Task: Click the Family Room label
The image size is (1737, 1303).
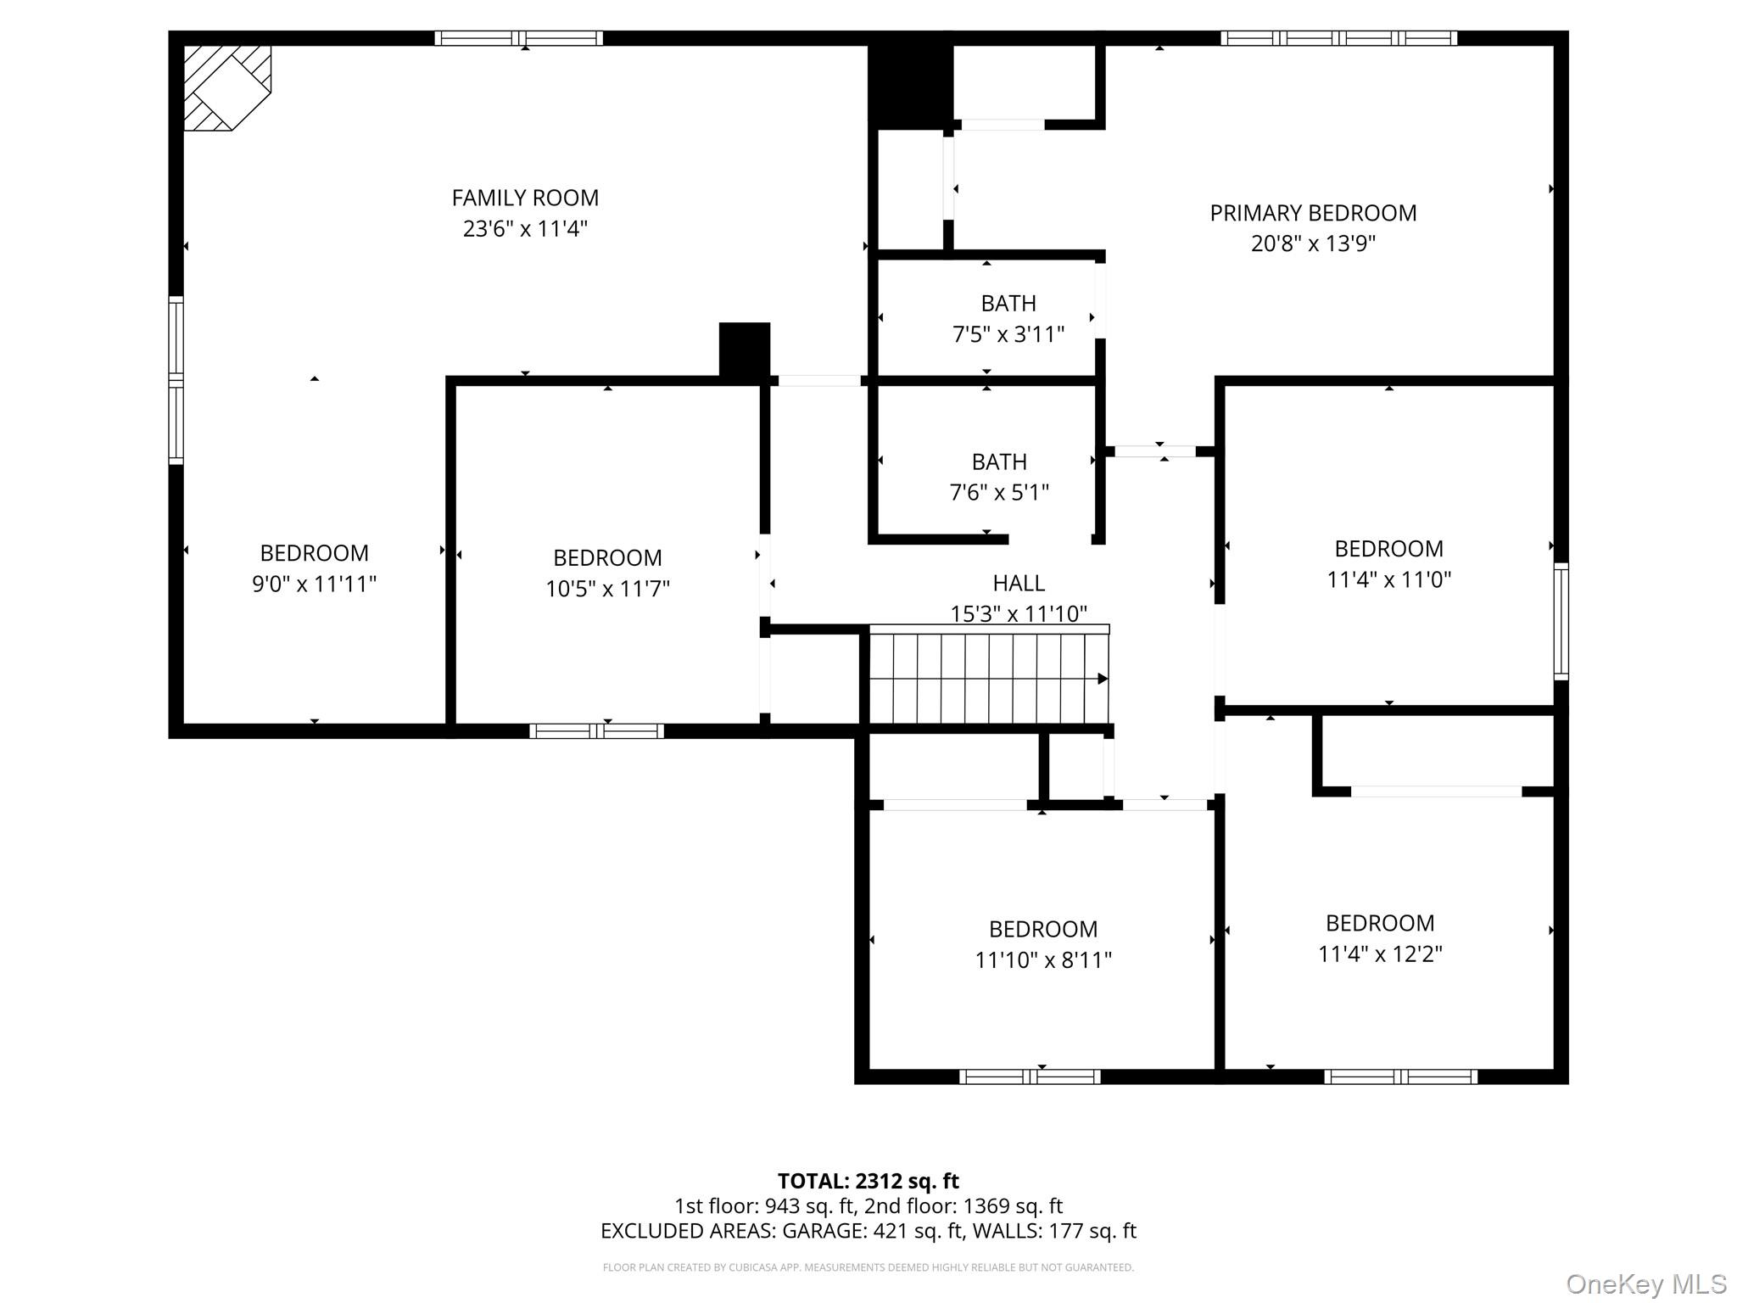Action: point(525,198)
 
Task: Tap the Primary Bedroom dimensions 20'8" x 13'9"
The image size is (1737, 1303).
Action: point(1312,243)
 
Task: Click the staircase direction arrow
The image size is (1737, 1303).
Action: point(1103,679)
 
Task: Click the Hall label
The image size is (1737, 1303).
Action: point(1019,583)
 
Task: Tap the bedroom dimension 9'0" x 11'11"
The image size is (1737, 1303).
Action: point(314,584)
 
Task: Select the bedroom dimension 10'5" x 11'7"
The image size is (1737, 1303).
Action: point(607,589)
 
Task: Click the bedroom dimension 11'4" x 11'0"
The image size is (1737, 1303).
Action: point(1388,579)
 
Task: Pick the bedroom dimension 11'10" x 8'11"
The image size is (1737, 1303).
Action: point(1042,959)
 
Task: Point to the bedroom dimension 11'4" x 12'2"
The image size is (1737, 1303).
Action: point(1380,953)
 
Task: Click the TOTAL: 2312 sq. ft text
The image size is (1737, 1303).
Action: point(868,1181)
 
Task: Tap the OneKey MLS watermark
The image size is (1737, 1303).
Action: point(1645,1284)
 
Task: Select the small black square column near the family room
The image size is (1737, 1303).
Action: point(745,349)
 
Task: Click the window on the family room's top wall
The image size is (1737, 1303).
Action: point(518,38)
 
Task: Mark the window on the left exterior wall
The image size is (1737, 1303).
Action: point(176,379)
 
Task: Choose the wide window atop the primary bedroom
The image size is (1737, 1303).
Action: point(1338,38)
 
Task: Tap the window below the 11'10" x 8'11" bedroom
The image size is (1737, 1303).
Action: point(1030,1077)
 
